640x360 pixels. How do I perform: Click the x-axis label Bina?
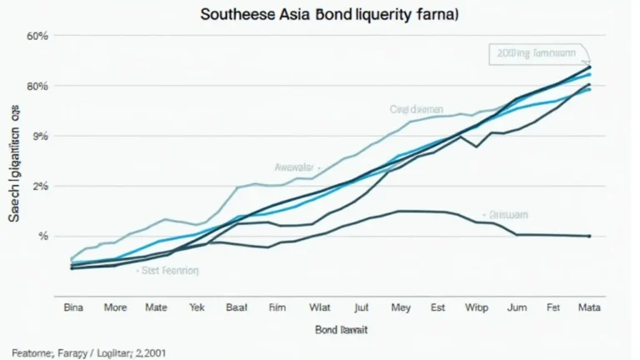[75, 307]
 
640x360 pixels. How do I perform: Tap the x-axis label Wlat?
[320, 307]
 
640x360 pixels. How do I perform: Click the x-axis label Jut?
[361, 307]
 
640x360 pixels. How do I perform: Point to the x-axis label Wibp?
[476, 307]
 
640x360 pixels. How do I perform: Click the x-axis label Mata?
[590, 307]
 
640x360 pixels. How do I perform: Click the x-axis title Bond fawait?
[342, 330]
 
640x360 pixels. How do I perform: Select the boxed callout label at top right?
[533, 54]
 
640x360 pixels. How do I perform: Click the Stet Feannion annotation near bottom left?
[167, 270]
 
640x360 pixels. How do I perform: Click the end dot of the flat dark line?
[590, 236]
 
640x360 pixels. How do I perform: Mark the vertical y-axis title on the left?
[14, 167]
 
